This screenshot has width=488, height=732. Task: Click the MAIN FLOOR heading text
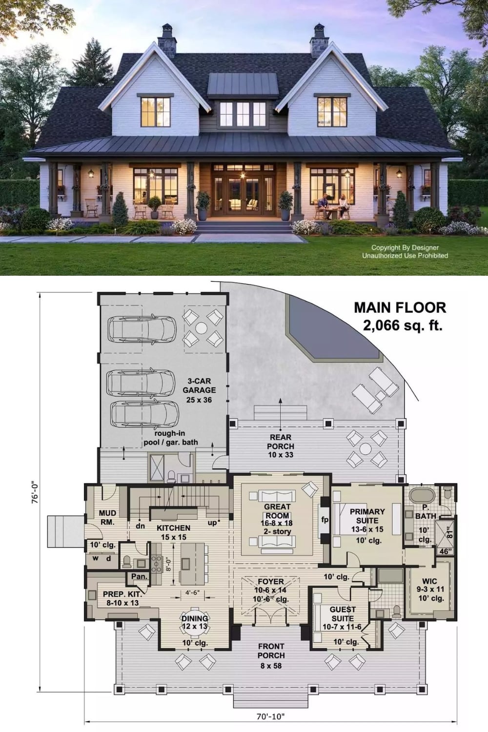(x=400, y=307)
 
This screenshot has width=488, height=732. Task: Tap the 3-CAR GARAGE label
(x=199, y=386)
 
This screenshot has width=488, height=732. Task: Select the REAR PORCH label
(x=281, y=442)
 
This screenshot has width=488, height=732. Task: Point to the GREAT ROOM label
(x=277, y=511)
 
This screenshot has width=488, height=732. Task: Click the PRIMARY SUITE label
(x=367, y=516)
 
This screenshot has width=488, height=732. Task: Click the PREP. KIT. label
(x=122, y=594)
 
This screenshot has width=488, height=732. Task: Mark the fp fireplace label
(x=325, y=520)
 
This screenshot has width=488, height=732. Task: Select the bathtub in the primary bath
(x=422, y=495)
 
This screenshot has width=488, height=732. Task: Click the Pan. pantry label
(x=140, y=577)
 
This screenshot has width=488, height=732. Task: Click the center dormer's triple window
(x=243, y=114)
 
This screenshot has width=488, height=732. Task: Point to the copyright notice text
(x=405, y=252)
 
